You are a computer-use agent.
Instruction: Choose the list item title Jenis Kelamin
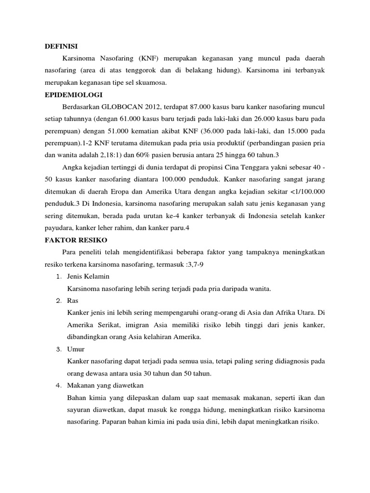click(89, 276)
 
